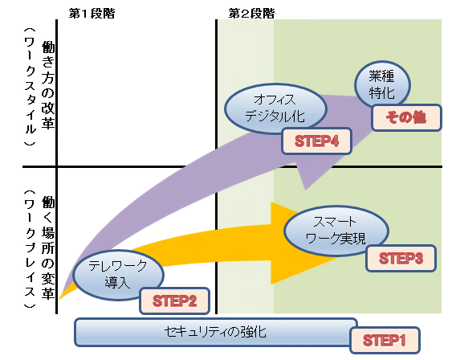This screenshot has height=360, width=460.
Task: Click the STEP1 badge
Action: [x=385, y=340]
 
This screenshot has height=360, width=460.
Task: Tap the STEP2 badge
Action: [x=174, y=301]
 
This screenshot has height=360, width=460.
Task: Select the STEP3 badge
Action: [x=401, y=259]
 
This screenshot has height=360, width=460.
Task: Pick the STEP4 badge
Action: [x=316, y=141]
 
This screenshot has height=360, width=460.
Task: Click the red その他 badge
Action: [x=406, y=117]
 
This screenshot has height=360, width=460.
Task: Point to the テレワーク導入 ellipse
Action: [x=118, y=275]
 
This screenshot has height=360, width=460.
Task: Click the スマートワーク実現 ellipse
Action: [x=336, y=231]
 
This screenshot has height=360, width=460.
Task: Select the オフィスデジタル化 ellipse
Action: [x=275, y=108]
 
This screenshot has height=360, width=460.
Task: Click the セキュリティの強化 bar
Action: [x=216, y=333]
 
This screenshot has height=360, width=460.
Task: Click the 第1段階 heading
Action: [x=92, y=14]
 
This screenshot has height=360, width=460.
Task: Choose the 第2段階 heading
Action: [x=251, y=14]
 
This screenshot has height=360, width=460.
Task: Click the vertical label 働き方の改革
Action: [x=48, y=85]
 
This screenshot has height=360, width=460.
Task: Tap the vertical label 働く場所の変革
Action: [x=48, y=247]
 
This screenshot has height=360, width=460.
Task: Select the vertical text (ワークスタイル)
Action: [x=30, y=87]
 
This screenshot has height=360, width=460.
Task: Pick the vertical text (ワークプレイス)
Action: [x=30, y=249]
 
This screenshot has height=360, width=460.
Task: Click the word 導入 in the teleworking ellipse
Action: [x=117, y=283]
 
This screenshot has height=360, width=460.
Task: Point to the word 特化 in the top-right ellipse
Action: [x=381, y=93]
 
